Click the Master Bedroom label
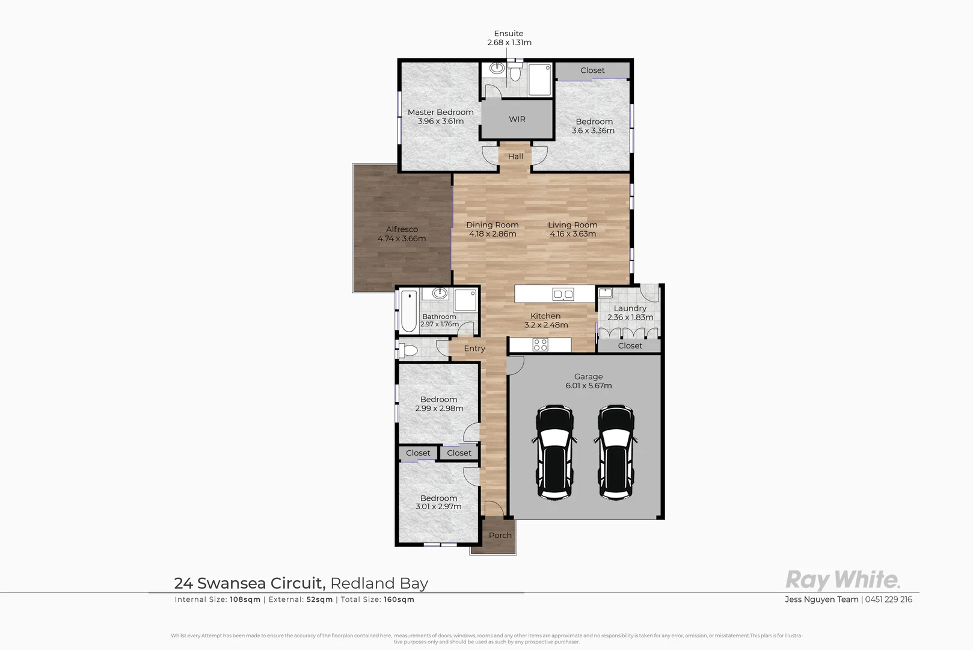pos(440,113)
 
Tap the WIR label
pos(517,119)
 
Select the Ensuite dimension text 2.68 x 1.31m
pos(509,43)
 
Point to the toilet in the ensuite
pos(515,73)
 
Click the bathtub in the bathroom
pos(409,311)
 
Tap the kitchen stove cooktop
pos(540,345)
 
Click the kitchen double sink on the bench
pos(563,294)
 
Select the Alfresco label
pos(402,229)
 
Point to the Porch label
pos(500,536)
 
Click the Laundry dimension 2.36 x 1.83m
pos(630,318)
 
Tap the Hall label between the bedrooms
pos(515,156)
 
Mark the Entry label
pos(474,348)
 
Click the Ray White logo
pos(843,580)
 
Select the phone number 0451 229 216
pos(888,599)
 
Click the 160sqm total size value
pos(399,599)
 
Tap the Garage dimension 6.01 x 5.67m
pos(588,386)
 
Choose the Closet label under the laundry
pos(630,346)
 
